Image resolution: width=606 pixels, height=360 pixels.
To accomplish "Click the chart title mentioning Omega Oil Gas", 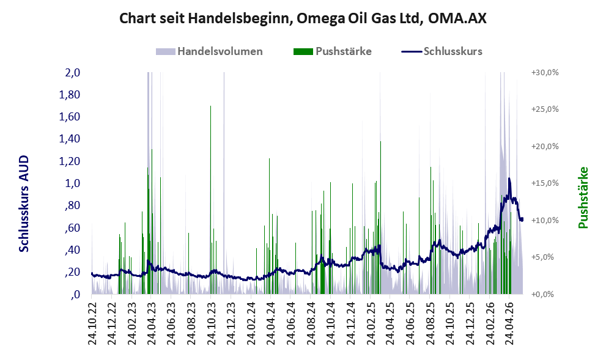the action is point(303,18).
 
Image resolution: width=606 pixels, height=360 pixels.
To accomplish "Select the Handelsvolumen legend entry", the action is point(209,51).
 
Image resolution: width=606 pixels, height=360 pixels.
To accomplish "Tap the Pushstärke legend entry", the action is point(333,51).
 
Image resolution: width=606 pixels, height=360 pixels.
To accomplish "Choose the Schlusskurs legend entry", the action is point(442,51).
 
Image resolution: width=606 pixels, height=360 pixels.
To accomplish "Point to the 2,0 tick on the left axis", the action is point(72,72).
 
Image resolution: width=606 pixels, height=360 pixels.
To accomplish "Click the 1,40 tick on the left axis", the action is point(69,139).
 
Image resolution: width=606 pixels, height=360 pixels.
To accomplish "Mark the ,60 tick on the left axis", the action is point(72,227).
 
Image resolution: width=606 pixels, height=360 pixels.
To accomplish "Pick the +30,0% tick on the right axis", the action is point(545,73).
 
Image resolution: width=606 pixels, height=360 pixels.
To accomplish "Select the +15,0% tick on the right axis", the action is point(545,183).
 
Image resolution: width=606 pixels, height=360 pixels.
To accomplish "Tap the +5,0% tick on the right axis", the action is point(547,257).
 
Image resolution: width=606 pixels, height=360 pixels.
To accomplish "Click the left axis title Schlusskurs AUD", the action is point(24,204).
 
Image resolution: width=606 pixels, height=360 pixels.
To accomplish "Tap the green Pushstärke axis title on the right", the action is point(583,197).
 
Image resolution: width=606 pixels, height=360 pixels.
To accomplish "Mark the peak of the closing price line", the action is point(509,178).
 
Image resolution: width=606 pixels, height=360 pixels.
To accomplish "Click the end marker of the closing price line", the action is point(522,219).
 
